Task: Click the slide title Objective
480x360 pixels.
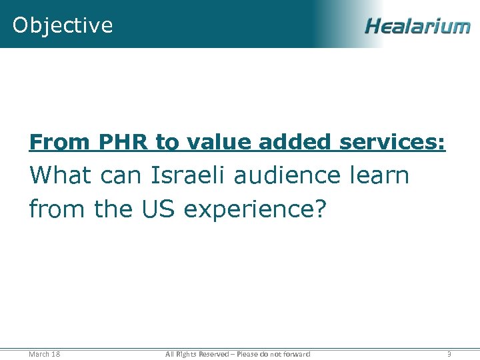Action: click(x=63, y=25)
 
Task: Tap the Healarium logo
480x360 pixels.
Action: click(x=417, y=27)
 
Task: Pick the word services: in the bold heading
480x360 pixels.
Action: click(x=392, y=142)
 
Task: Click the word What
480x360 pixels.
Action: click(x=61, y=176)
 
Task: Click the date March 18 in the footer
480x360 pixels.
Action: click(x=45, y=354)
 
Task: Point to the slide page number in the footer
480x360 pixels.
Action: click(x=449, y=354)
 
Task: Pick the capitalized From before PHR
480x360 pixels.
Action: click(x=60, y=142)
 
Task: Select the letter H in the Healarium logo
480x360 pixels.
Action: click(x=373, y=27)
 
